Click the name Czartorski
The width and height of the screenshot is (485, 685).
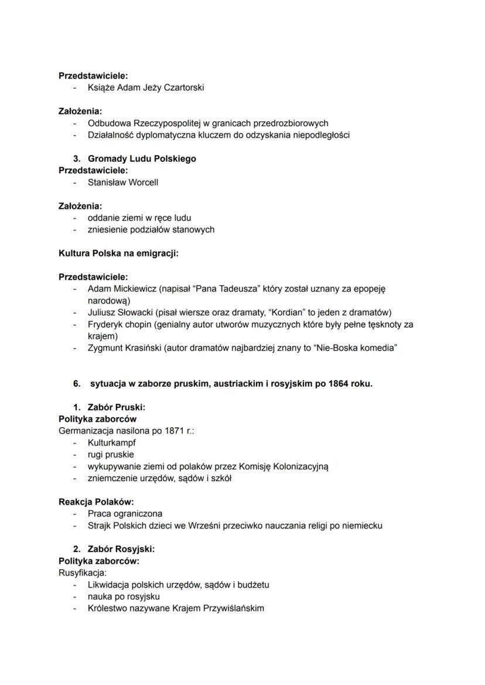tap(183, 88)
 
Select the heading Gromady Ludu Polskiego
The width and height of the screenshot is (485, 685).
tap(142, 159)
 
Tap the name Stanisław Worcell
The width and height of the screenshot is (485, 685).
tap(122, 182)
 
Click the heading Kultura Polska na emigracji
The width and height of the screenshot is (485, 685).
tap(118, 253)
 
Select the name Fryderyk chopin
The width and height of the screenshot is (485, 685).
tap(119, 324)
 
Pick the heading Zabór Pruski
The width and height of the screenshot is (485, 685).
tap(116, 407)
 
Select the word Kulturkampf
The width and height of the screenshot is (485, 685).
tap(111, 443)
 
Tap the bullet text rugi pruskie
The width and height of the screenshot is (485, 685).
tap(111, 455)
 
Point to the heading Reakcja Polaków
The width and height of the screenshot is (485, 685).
tap(96, 502)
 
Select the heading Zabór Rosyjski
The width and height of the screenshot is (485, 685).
tap(121, 549)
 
